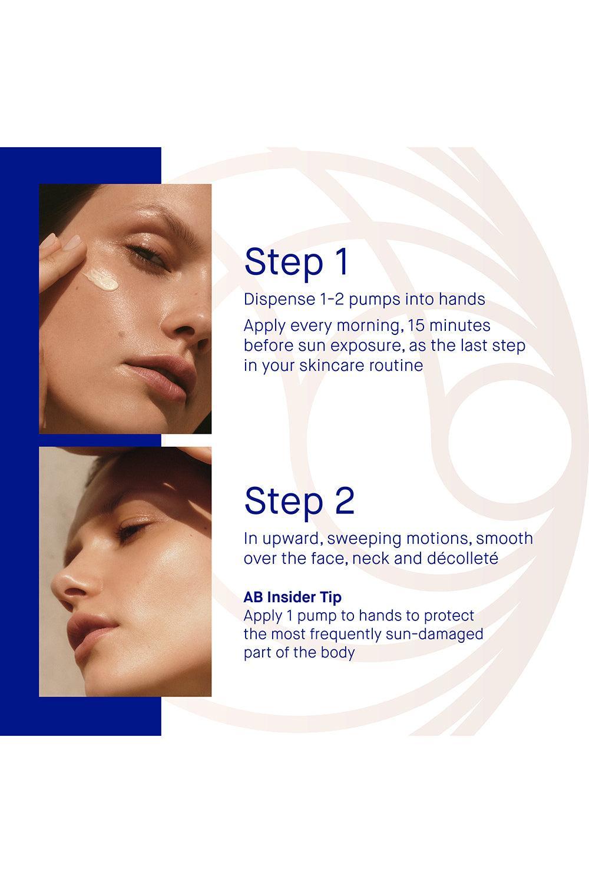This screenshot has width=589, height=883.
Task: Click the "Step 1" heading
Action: point(297,262)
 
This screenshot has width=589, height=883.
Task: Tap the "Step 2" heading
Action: point(299,501)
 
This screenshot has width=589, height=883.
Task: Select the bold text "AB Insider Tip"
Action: point(292,597)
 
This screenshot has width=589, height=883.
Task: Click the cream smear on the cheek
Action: point(101,280)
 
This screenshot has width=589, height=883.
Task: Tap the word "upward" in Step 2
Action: point(290,539)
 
